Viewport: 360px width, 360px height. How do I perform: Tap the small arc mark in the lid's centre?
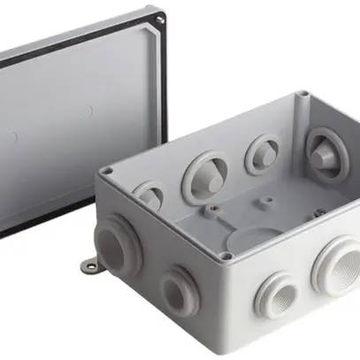[x=91, y=112]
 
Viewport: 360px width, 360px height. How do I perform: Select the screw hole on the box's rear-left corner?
[x=108, y=170]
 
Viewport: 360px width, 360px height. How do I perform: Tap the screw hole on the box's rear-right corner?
[x=303, y=94]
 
